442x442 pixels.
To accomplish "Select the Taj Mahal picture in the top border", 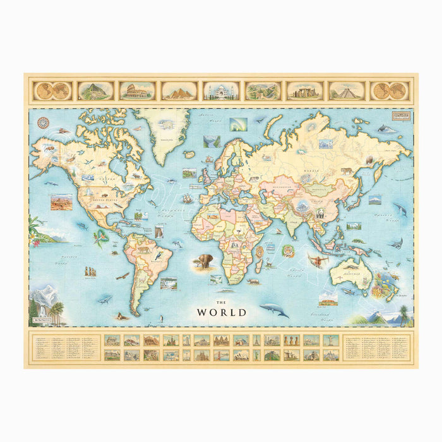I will pyautogui.click(x=221, y=91).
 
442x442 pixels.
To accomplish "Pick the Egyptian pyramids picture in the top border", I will pyautogui.click(x=179, y=91).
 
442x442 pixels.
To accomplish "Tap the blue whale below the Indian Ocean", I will pyautogui.click(x=273, y=309).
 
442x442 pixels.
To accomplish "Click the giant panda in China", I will pyautogui.click(x=320, y=213).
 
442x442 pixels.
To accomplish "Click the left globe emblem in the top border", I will pyautogui.click(x=53, y=91).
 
